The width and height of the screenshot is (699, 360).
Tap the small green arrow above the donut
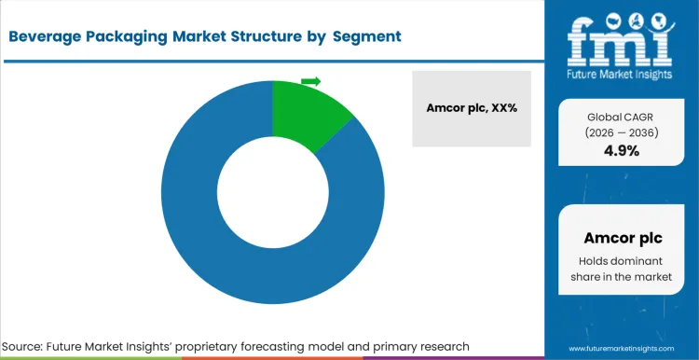click(x=311, y=81)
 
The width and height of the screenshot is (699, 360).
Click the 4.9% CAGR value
click(x=621, y=151)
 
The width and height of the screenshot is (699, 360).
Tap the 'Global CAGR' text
click(x=621, y=117)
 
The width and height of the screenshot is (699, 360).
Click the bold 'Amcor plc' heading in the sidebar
click(x=621, y=237)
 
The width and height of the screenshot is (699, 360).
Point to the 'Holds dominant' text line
click(x=621, y=260)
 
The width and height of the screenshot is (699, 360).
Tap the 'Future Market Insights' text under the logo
click(x=622, y=72)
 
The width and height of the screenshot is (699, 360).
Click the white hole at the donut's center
click(x=272, y=192)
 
